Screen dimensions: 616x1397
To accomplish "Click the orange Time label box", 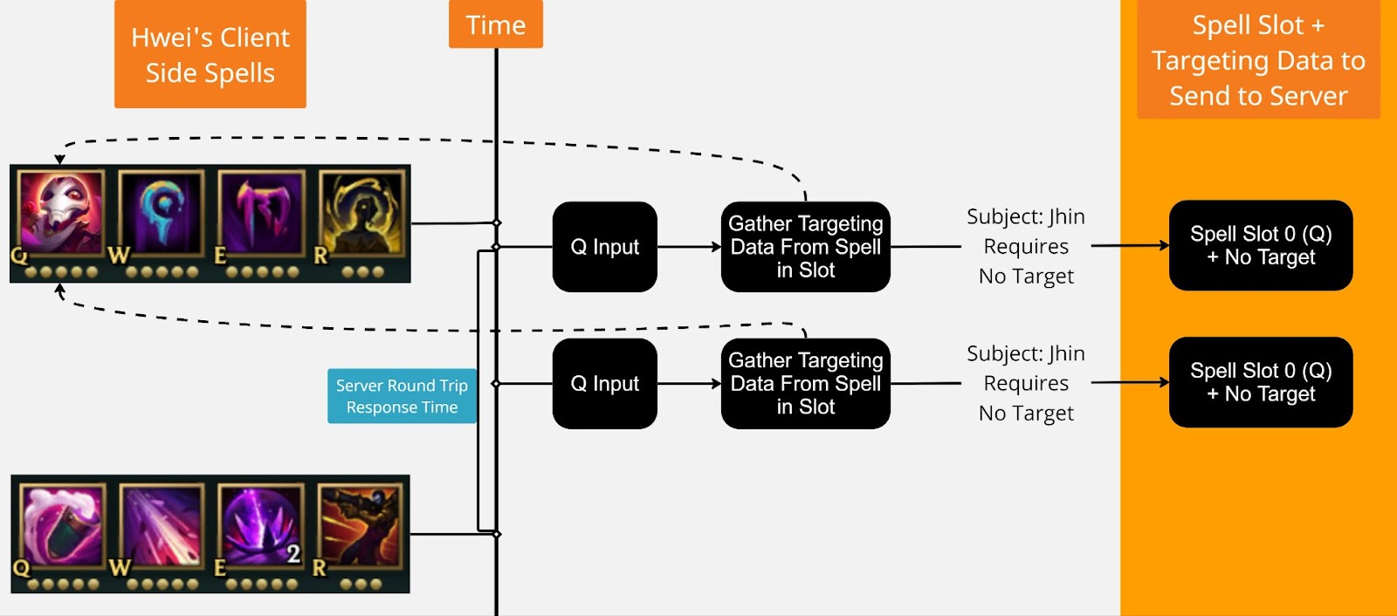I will [495, 24].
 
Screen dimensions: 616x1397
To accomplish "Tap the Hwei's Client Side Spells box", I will [210, 54].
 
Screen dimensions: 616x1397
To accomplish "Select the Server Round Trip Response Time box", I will [402, 396].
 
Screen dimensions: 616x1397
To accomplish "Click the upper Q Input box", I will [604, 247].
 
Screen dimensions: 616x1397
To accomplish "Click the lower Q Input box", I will [604, 384].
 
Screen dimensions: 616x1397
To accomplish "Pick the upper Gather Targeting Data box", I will [805, 247].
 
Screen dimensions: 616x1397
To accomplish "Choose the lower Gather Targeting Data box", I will [805, 384].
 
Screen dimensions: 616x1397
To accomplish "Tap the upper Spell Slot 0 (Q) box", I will [1260, 245].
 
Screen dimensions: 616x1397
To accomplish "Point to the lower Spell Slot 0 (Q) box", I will [1260, 382].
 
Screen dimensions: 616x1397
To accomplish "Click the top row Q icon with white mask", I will [61, 214].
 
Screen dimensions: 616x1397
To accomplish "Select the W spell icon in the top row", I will [162, 214].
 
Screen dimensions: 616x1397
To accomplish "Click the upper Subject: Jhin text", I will [1026, 217].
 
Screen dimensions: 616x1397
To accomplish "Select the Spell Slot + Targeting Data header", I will [1258, 60].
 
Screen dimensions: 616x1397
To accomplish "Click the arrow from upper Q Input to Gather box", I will [689, 247].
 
